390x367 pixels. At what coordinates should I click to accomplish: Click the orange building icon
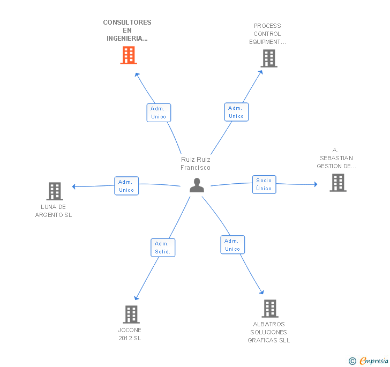coord(128,55)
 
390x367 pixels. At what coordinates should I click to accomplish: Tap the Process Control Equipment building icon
coord(268,58)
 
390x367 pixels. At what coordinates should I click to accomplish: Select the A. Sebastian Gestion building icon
coord(337,183)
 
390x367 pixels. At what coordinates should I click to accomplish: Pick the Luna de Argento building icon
coord(54,191)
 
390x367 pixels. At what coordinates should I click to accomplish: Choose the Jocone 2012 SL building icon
coord(131,314)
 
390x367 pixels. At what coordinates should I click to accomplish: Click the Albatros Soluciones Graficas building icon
coord(269,309)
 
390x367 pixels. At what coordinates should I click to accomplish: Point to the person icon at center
coord(197,185)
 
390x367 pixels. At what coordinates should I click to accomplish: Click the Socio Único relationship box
coord(264,184)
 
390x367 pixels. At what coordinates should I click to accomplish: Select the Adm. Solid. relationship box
coord(163,248)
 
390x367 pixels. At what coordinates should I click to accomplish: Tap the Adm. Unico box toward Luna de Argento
coord(126,186)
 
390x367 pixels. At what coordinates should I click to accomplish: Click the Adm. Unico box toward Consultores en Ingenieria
coord(159,113)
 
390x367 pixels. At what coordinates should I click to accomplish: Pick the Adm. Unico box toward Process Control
coord(236,112)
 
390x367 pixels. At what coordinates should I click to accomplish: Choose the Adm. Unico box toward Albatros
coord(232,245)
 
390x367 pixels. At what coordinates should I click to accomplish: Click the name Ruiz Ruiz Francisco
coord(196,163)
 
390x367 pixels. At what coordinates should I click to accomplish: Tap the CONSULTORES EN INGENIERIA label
coord(127,31)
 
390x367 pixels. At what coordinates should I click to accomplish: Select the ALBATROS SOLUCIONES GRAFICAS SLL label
coord(269,332)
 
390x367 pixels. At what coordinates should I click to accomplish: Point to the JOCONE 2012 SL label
coord(130,334)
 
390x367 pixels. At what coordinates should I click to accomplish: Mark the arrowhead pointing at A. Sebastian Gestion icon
coord(316,184)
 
